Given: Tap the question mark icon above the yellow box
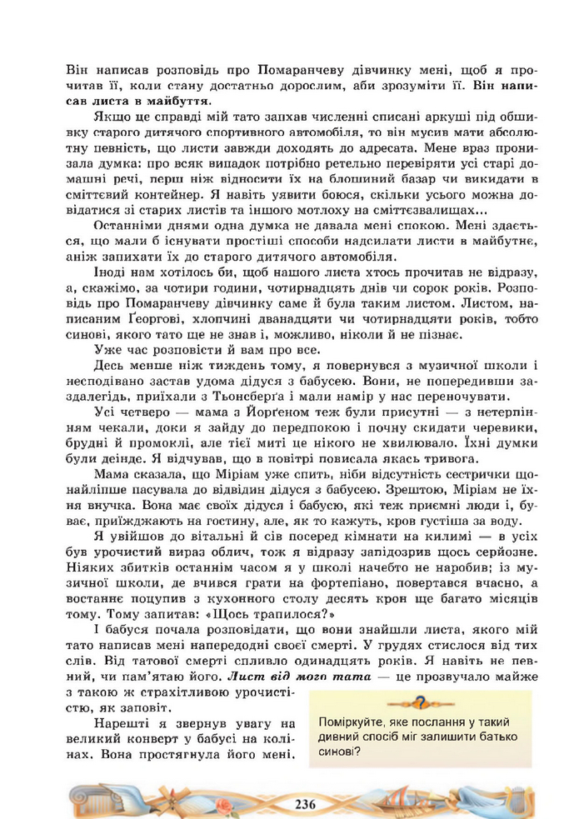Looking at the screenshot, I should coord(421,702).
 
